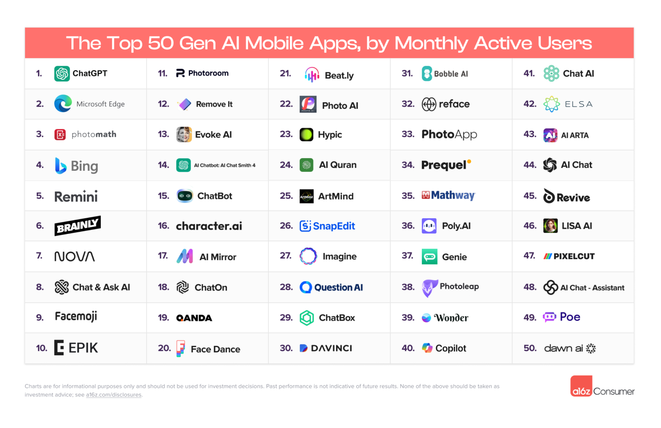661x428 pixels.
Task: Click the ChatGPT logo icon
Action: [x=62, y=74]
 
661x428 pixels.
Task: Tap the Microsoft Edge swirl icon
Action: [x=63, y=104]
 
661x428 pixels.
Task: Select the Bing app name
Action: [x=84, y=166]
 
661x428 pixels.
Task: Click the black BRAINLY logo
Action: [x=77, y=226]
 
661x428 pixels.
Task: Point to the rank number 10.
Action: [x=41, y=348]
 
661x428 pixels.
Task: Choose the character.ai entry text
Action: [x=209, y=226]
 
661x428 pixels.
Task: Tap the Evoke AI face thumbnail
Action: [x=184, y=134]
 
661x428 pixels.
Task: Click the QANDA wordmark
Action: [x=194, y=318]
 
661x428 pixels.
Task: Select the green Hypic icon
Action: [x=306, y=134]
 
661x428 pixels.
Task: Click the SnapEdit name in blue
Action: [x=334, y=226]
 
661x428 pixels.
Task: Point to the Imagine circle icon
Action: [x=308, y=256]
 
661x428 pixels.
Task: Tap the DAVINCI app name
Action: [x=331, y=348]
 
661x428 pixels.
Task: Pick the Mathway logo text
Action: [x=453, y=195]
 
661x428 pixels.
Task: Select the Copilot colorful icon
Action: [x=427, y=348]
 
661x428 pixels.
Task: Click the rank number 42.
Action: [x=530, y=104]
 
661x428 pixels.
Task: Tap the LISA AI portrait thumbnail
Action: [x=550, y=226]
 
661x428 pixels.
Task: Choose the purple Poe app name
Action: [x=570, y=317]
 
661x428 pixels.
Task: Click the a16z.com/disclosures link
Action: [x=113, y=395]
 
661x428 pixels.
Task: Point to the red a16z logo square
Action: [x=581, y=386]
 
